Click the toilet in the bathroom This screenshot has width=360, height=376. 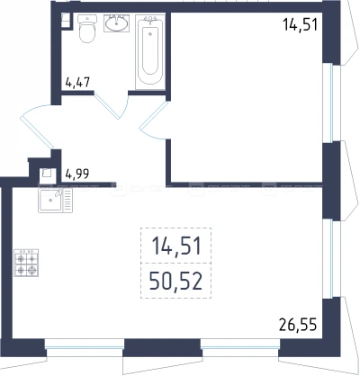pyautogui.click(x=87, y=29)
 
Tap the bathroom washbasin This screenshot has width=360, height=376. pyautogui.click(x=116, y=23)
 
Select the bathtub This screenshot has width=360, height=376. pyautogui.click(x=150, y=52)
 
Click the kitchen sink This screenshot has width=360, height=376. pyautogui.click(x=55, y=201)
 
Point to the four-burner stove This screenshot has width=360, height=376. pyautogui.click(x=26, y=263)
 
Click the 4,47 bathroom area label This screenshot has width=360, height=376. pyautogui.click(x=77, y=82)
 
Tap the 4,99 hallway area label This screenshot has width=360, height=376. pyautogui.click(x=76, y=174)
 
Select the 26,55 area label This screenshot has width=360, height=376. pyautogui.click(x=298, y=325)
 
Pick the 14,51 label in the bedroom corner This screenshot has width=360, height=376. pyautogui.click(x=300, y=24)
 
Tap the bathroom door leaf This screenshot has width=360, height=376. pyautogui.click(x=106, y=104)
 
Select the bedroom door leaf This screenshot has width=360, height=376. pyautogui.click(x=153, y=114)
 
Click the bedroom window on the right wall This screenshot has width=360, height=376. pyautogui.click(x=331, y=103)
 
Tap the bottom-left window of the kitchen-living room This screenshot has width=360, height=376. pyautogui.click(x=85, y=347)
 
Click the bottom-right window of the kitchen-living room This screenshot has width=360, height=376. pyautogui.click(x=240, y=347)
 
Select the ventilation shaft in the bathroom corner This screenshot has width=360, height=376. pyautogui.click(x=66, y=21)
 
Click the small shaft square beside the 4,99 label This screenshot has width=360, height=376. pyautogui.click(x=48, y=175)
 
